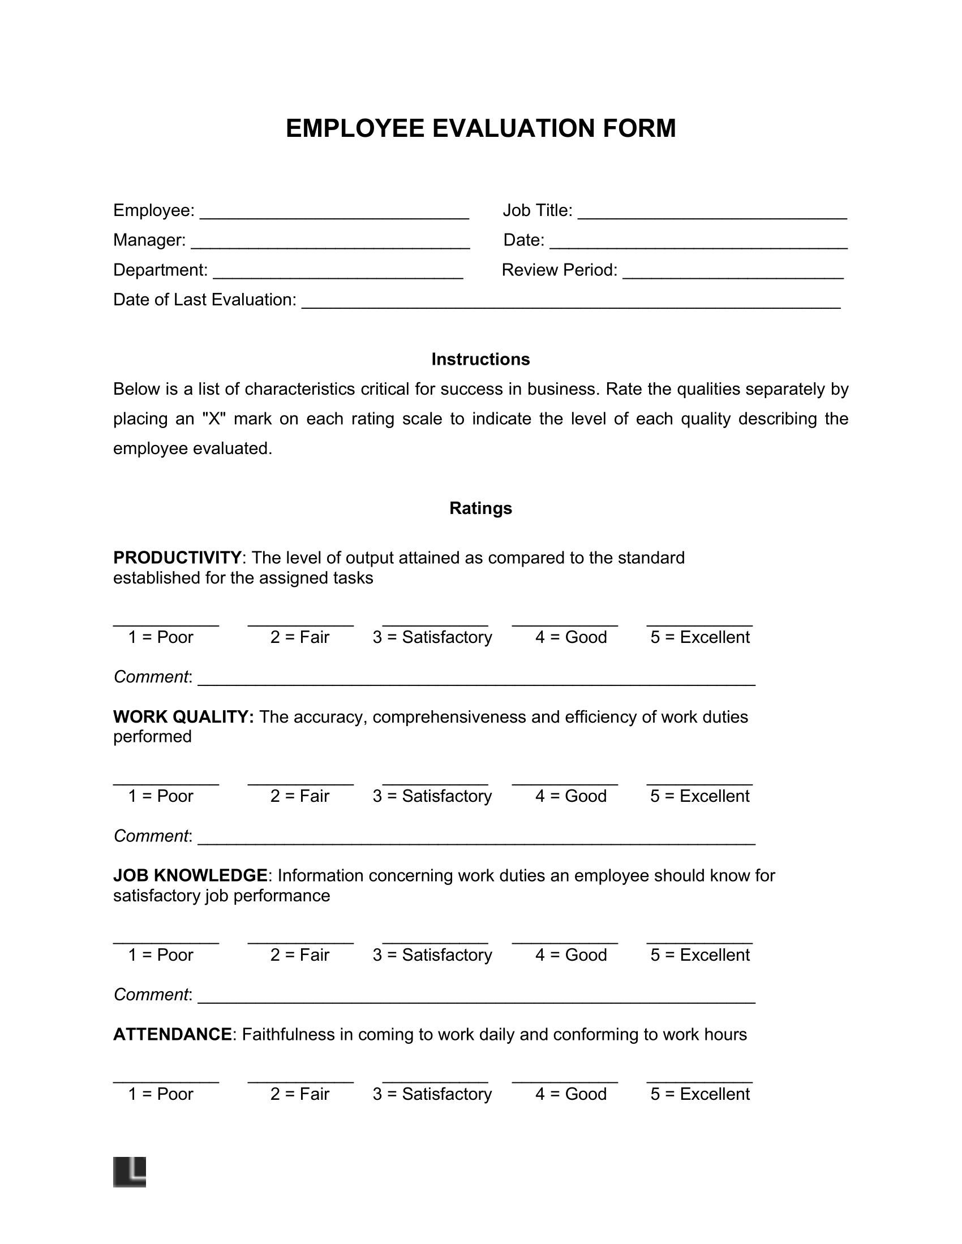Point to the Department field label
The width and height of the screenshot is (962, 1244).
160,270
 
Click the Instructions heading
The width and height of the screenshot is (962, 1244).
480,360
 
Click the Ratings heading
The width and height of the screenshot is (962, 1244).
480,508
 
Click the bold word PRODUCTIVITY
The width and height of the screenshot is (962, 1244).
177,557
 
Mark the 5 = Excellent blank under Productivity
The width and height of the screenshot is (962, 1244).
699,622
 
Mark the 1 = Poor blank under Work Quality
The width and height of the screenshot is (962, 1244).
166,781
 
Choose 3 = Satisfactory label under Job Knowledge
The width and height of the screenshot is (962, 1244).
432,955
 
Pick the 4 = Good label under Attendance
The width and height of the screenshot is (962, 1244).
570,1094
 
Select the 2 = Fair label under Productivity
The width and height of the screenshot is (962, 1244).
300,637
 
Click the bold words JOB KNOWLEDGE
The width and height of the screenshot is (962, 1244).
190,875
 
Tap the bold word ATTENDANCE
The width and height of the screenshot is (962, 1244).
173,1034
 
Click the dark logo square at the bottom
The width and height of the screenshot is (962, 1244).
130,1172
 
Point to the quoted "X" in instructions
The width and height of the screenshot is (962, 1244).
214,419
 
